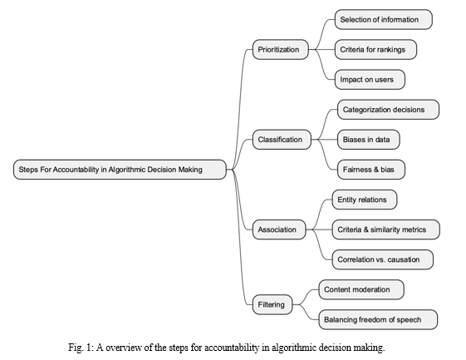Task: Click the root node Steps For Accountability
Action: pos(120,170)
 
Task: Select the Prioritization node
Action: pos(281,49)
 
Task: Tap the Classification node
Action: pos(282,140)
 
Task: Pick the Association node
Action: pos(279,229)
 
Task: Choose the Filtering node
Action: pos(272,304)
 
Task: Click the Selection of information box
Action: pos(384,20)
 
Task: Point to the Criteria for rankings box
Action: pos(375,49)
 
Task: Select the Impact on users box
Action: pos(370,80)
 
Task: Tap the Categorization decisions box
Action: pos(388,110)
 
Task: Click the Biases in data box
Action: pos(369,140)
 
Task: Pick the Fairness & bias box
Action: pos(371,170)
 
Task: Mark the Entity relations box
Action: pos(365,200)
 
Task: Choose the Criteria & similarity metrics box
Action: pos(385,229)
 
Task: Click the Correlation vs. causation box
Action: pos(382,259)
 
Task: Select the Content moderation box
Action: pos(361,289)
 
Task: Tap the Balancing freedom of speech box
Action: pos(378,319)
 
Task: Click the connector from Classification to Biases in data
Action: pos(324,140)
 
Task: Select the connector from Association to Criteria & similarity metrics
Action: pos(319,229)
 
